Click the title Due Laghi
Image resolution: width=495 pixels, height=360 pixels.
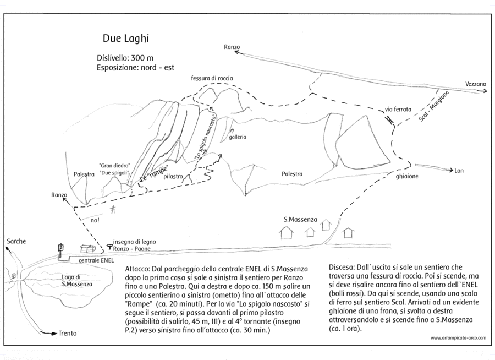(x=125, y=39)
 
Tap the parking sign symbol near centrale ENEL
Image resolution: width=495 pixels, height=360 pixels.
(x=61, y=248)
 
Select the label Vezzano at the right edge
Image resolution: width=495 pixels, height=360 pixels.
(x=475, y=84)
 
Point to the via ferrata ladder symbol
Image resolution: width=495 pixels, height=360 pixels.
(x=389, y=119)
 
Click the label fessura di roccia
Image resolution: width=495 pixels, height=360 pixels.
(x=212, y=78)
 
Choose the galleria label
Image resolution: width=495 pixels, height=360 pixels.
(x=238, y=137)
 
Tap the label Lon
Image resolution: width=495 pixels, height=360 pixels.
(x=459, y=171)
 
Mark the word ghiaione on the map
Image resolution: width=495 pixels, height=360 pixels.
(x=407, y=176)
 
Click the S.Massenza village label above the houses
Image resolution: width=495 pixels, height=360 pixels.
(x=300, y=219)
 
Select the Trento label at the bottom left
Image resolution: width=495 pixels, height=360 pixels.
(x=68, y=333)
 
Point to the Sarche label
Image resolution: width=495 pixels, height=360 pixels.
(x=16, y=241)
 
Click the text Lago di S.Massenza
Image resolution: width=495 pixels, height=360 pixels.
(x=76, y=280)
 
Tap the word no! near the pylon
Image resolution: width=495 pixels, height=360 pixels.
(x=95, y=220)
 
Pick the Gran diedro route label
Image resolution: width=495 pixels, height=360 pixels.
(x=114, y=166)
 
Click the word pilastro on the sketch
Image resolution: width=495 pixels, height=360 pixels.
(x=173, y=176)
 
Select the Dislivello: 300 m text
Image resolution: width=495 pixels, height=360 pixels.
(x=125, y=58)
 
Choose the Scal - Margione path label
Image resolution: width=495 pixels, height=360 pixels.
(x=433, y=106)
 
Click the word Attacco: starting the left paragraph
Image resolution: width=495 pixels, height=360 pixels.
(x=137, y=269)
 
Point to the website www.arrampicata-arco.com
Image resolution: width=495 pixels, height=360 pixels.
(x=458, y=338)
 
